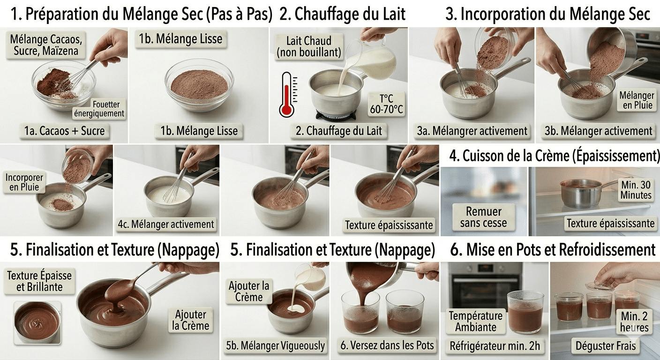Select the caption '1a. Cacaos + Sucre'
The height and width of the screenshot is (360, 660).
tap(65, 131)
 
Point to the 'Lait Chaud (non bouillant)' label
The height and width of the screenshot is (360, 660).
tap(308, 46)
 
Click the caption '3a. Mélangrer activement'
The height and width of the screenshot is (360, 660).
tap(472, 131)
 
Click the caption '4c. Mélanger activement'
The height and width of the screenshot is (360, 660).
tap(166, 224)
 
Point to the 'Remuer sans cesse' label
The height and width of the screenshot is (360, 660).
tap(483, 217)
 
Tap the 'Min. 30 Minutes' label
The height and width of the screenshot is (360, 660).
tap(636, 189)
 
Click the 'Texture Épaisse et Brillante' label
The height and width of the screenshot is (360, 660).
tap(39, 281)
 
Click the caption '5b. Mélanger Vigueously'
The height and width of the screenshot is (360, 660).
tap(275, 346)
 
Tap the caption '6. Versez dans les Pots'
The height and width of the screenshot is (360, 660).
tap(387, 346)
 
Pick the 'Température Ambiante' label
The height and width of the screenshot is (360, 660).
tap(475, 321)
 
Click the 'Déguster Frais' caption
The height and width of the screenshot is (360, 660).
tap(606, 346)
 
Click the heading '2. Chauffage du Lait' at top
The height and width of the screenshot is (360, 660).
tap(342, 14)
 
